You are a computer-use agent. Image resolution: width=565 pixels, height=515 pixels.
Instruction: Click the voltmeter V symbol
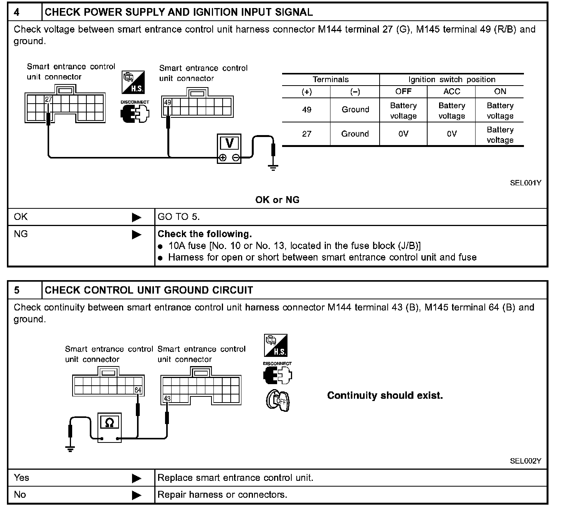[229, 143]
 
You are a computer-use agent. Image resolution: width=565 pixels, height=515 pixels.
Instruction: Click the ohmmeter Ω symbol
[109, 423]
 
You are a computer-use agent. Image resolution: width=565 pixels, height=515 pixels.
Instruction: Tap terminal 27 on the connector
[48, 99]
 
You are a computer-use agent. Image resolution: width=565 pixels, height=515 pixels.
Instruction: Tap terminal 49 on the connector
[168, 102]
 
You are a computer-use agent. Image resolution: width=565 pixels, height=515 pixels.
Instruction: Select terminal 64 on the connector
[138, 390]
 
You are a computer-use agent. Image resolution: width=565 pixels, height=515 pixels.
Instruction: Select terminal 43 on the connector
[167, 399]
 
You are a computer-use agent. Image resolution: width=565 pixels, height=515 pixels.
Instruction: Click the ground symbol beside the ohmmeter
[70, 448]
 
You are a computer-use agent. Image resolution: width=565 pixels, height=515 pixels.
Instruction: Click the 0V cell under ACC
[451, 134]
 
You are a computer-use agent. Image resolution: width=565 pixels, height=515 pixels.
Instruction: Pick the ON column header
[500, 92]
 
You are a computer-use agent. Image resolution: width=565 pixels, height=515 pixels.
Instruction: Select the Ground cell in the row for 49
[355, 110]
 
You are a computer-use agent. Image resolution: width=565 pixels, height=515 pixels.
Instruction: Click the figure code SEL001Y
[525, 183]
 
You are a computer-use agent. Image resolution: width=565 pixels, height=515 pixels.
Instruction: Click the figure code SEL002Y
[525, 461]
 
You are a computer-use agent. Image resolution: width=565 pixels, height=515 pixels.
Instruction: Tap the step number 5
[17, 290]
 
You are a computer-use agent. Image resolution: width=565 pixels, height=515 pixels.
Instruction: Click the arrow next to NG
[137, 234]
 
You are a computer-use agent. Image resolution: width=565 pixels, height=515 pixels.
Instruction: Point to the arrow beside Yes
[137, 479]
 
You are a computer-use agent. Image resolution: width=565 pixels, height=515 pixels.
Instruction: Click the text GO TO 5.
[178, 217]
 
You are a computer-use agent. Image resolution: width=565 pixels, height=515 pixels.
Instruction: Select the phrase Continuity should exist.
[385, 396]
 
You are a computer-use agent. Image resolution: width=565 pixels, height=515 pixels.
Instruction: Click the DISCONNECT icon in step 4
[135, 112]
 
